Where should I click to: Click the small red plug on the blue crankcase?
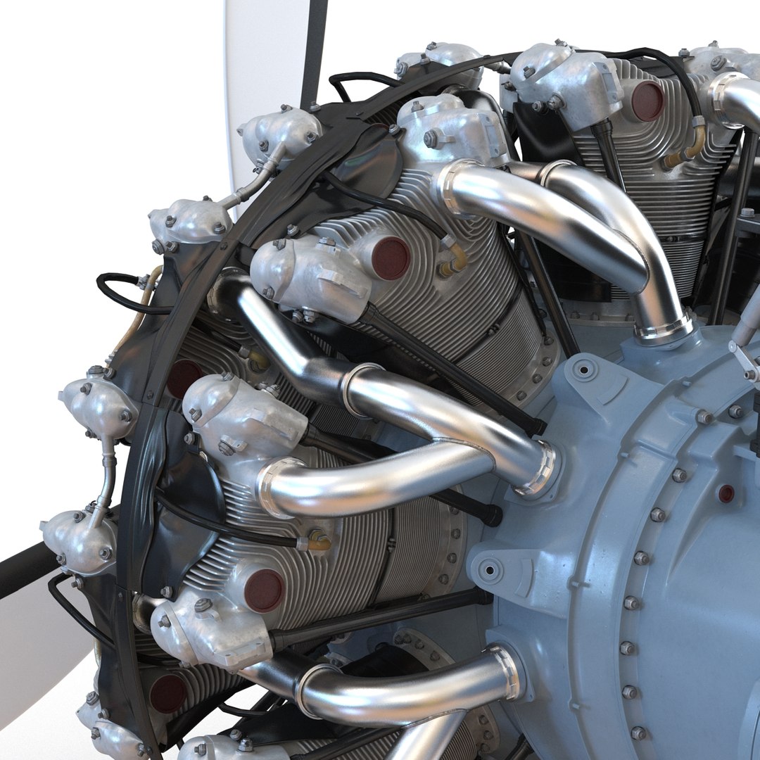[x=726, y=493]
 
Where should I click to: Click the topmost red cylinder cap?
[x=647, y=100]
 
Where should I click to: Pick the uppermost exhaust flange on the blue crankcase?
[x=662, y=328]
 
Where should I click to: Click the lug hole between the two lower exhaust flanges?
[x=490, y=566]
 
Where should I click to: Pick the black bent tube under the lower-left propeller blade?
[x=70, y=605]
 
